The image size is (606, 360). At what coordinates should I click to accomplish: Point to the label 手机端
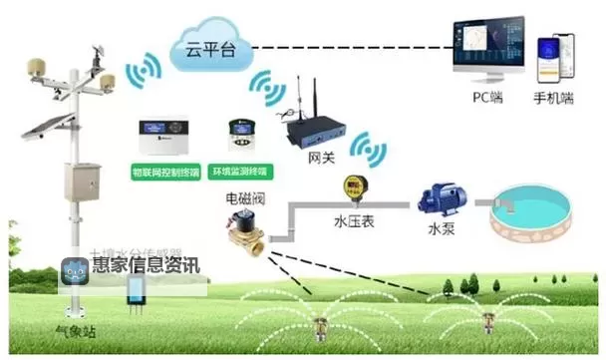pos(553,99)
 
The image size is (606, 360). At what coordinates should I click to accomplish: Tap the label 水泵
pos(440,228)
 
